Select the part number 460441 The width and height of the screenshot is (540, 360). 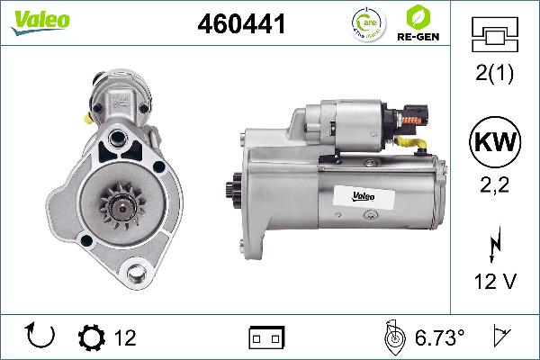point(240,25)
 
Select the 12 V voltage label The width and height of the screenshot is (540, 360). point(493,283)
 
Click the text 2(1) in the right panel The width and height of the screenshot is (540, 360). point(493,76)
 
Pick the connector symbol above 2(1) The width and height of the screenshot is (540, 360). point(493,37)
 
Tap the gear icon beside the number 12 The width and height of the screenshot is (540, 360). point(91,337)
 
